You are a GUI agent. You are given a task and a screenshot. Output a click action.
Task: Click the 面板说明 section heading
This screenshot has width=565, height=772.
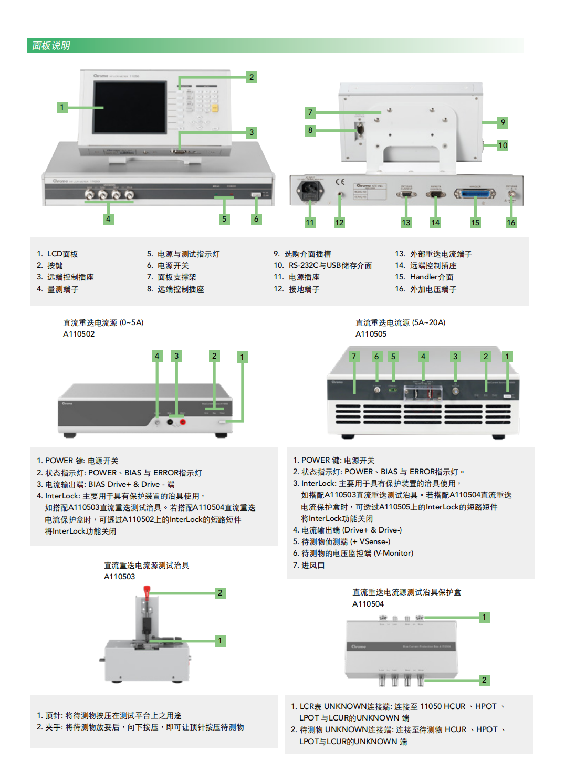point(51,46)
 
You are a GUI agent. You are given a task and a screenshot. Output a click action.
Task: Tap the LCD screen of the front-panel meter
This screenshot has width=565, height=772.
point(129,107)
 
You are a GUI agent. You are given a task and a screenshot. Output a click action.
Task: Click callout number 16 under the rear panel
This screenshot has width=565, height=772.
point(511,223)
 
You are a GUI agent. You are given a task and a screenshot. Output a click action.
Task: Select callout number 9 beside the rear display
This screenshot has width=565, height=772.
point(503,122)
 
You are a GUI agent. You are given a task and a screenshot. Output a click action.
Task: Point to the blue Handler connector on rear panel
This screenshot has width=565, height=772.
point(475,194)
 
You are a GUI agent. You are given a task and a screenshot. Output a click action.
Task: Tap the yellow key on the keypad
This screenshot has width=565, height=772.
point(215,108)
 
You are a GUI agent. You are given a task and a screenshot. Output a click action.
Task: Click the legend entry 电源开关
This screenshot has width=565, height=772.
point(173,266)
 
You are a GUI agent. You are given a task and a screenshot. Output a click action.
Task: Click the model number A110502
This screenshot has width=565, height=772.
point(79,334)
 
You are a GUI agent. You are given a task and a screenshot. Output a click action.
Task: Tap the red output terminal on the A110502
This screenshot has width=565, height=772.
point(183,422)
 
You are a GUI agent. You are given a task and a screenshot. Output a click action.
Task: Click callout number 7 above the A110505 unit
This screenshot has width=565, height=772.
point(354,357)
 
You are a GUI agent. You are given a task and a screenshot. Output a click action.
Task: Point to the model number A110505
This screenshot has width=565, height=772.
point(371,334)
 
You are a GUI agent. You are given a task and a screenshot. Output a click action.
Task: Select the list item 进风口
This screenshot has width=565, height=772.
point(312,566)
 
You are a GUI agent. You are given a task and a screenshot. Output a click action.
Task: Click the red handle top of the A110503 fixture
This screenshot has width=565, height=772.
point(147,592)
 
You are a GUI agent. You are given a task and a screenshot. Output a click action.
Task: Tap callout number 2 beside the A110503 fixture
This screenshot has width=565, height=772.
point(220,593)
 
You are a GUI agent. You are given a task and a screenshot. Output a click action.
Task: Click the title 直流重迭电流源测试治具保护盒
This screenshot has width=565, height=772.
point(406,592)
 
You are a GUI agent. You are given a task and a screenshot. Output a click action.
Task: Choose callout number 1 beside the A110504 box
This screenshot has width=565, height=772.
point(484,617)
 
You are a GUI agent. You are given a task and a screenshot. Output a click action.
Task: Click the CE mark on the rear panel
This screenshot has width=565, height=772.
point(340,182)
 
